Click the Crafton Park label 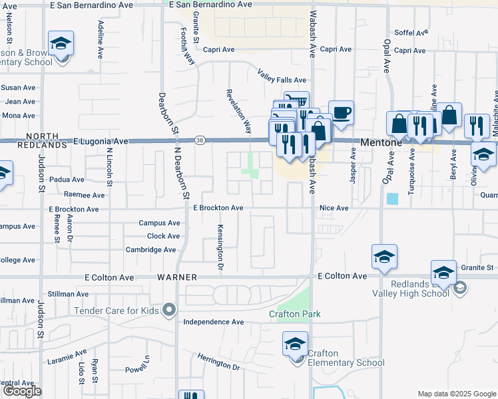pyautogui.click(x=295, y=314)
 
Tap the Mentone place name pyautogui.click(x=379, y=142)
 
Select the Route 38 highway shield pyautogui.click(x=200, y=140)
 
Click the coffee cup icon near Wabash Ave pyautogui.click(x=342, y=112)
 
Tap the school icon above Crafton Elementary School pyautogui.click(x=295, y=344)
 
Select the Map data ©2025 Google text pyautogui.click(x=456, y=394)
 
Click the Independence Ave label pyautogui.click(x=214, y=322)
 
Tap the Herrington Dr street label pyautogui.click(x=218, y=362)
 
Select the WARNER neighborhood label pyautogui.click(x=175, y=276)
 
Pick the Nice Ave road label pyautogui.click(x=334, y=208)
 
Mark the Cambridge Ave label pyautogui.click(x=150, y=250)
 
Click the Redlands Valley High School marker pyautogui.click(x=461, y=289)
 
